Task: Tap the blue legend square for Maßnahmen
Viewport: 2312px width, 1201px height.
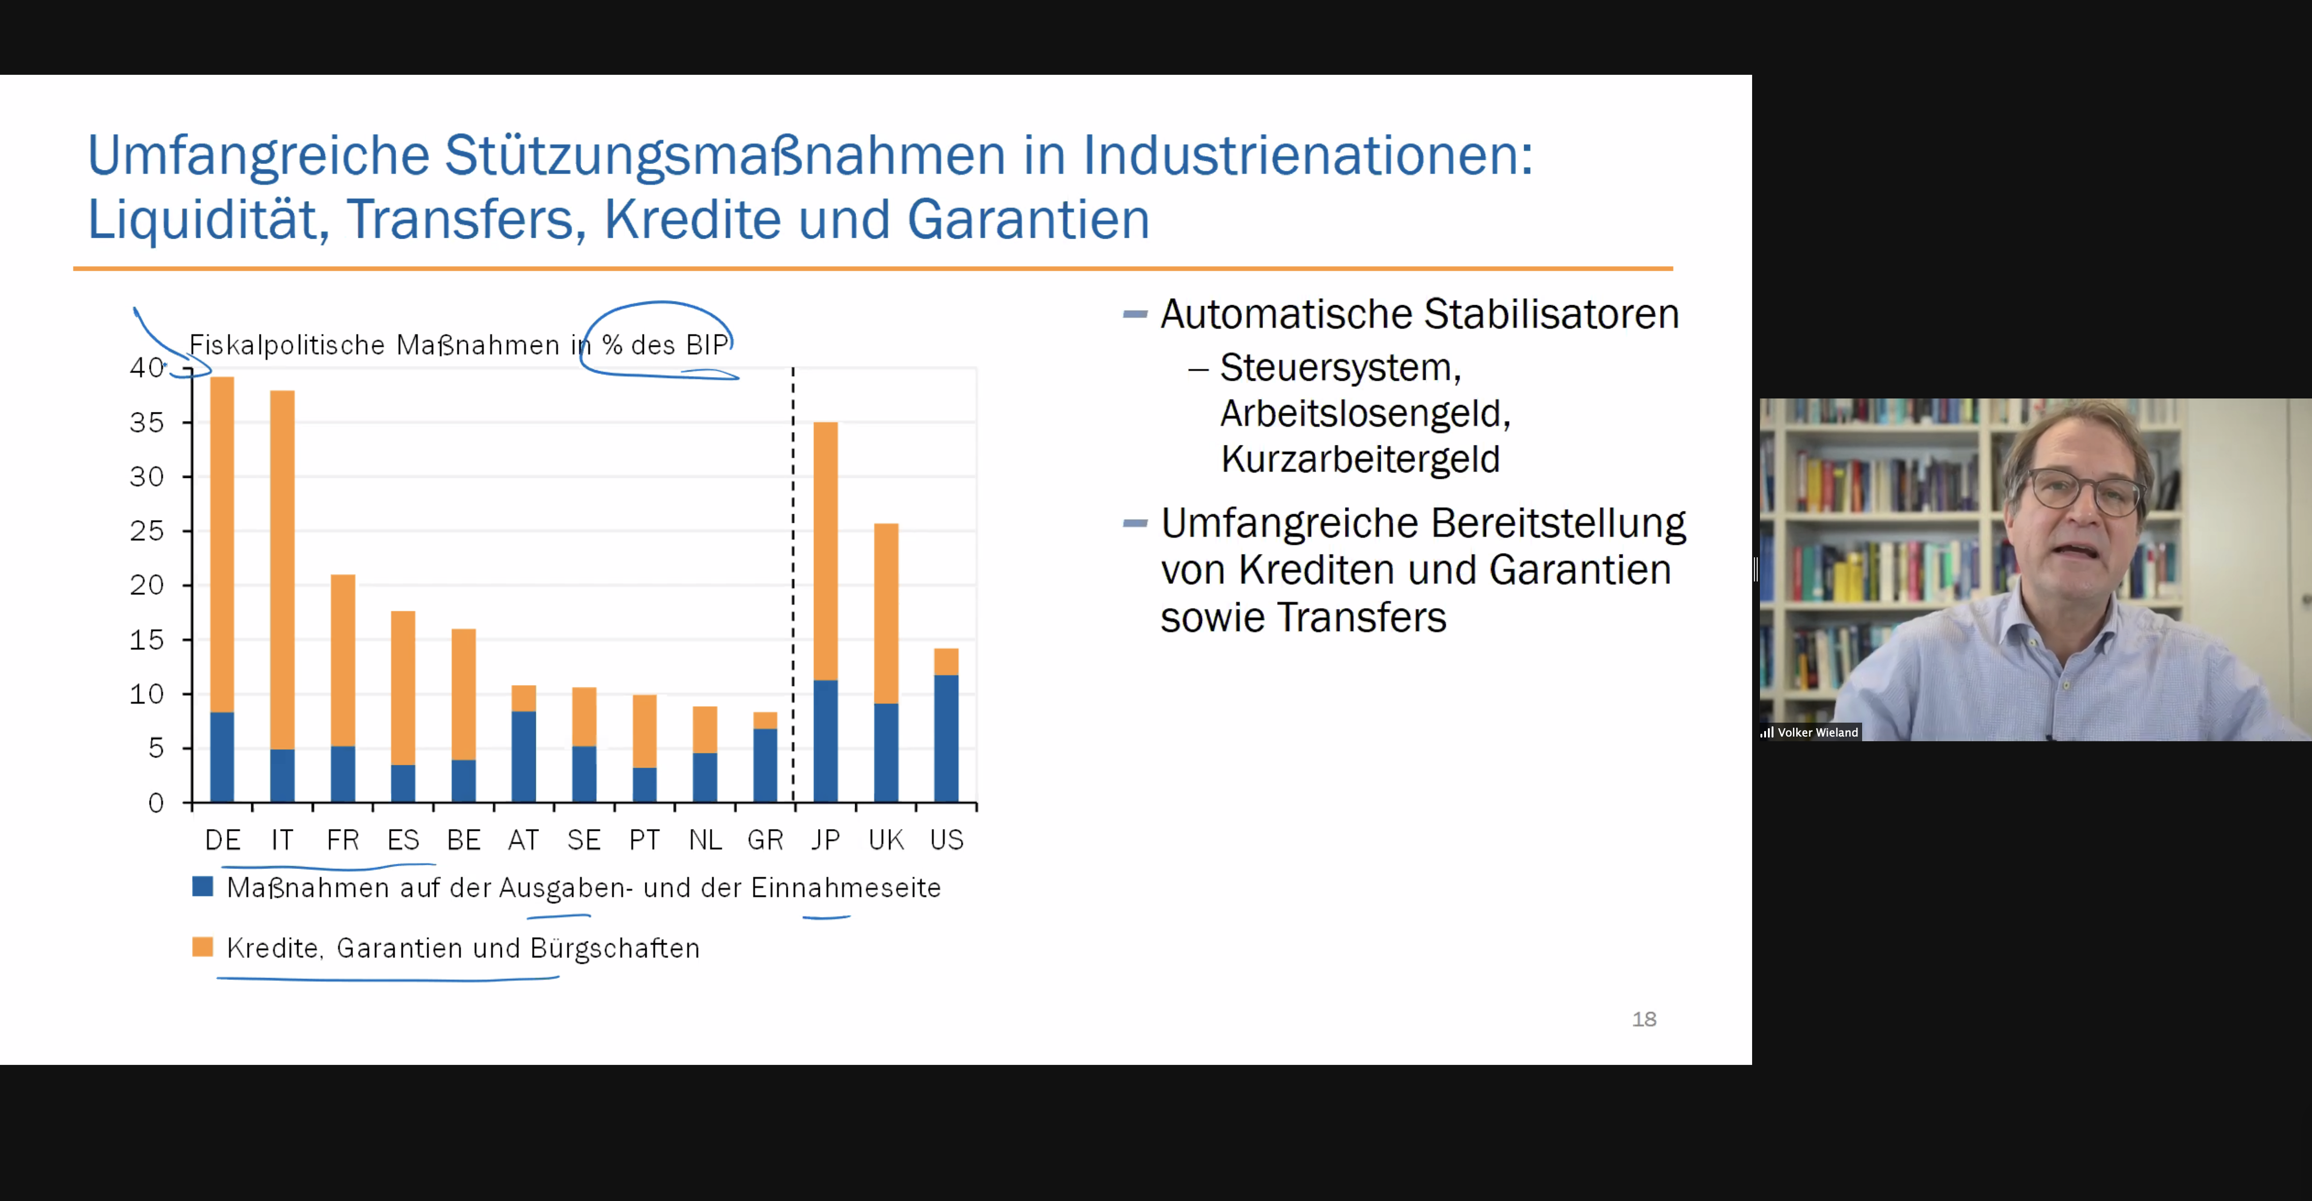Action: pyautogui.click(x=203, y=887)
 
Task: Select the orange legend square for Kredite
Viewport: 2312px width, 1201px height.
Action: pyautogui.click(x=203, y=947)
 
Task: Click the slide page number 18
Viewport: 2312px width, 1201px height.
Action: pyautogui.click(x=1643, y=1019)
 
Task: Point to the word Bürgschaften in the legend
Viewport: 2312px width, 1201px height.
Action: pyautogui.click(x=615, y=948)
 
